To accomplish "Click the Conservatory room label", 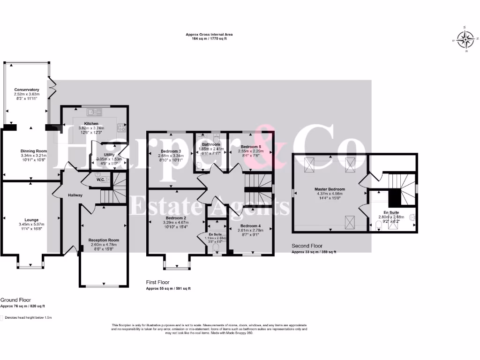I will click(x=27, y=90).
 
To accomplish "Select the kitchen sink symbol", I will click(x=95, y=112).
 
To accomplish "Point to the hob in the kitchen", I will click(x=122, y=126).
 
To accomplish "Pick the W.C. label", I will click(x=100, y=180).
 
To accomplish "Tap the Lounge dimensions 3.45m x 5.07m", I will click(x=32, y=225).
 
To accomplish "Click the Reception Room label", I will click(x=104, y=240).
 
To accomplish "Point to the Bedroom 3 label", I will click(x=170, y=151).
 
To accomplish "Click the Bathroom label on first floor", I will click(x=211, y=144).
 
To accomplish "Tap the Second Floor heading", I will click(x=307, y=246).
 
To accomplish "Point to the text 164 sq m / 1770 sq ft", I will click(x=209, y=38).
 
